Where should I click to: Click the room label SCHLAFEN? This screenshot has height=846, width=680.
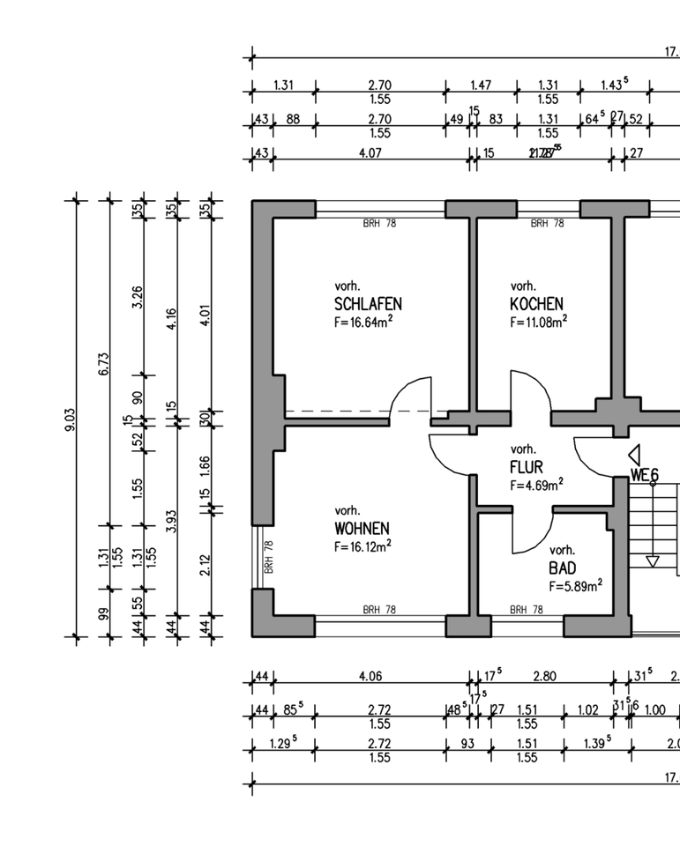(x=368, y=304)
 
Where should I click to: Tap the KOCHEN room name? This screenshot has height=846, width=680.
(x=536, y=304)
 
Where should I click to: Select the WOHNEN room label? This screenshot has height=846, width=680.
(x=362, y=529)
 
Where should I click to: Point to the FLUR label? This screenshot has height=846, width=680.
(x=526, y=467)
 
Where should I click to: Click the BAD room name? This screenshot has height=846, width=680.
(x=562, y=568)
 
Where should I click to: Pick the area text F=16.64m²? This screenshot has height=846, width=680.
(x=363, y=322)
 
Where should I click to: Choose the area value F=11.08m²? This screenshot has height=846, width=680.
(x=538, y=322)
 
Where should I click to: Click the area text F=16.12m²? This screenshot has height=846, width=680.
(x=362, y=546)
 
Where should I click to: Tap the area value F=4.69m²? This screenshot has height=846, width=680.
(x=536, y=485)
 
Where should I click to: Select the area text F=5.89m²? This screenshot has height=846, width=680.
(x=576, y=585)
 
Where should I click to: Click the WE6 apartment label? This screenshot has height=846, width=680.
(x=645, y=475)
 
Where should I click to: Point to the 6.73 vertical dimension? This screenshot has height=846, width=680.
(x=104, y=363)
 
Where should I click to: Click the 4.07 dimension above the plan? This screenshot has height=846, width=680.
(x=370, y=153)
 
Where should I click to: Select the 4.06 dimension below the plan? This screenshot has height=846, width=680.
(x=370, y=677)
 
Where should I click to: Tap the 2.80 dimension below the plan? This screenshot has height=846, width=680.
(x=545, y=677)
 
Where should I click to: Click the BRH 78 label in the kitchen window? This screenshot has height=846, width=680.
(x=547, y=224)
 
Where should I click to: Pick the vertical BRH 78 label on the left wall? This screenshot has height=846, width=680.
(x=268, y=557)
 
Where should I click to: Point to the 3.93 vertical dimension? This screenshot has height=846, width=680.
(x=172, y=522)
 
